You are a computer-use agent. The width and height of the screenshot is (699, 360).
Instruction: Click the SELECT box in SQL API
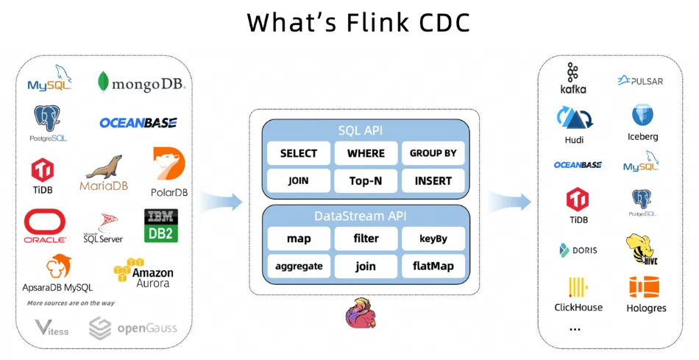point(299,153)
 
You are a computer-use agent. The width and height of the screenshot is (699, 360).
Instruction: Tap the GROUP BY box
point(433,153)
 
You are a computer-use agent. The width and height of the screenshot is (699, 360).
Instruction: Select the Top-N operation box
point(366,180)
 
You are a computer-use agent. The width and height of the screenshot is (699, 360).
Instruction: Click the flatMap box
point(433,266)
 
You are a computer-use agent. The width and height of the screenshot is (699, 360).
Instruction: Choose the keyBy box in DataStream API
point(433,239)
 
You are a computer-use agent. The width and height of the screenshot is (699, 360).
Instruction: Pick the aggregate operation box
point(299,266)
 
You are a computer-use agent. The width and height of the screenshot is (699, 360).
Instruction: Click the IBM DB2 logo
point(161,225)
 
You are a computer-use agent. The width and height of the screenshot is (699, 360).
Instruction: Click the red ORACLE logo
point(45,226)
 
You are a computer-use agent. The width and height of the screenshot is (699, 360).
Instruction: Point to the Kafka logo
point(573,78)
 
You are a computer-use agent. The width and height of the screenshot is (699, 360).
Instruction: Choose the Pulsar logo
point(640,80)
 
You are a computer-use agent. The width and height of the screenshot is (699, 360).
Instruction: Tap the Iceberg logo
point(642,122)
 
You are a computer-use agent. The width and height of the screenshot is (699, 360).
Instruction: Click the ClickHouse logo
point(578,294)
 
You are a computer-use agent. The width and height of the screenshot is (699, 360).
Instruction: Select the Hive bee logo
point(640,249)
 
